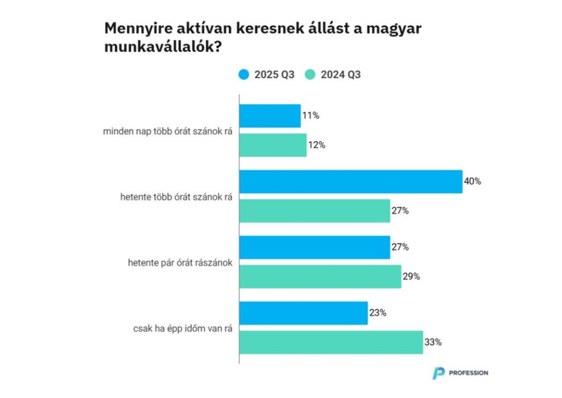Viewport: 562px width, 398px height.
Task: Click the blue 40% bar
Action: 351,181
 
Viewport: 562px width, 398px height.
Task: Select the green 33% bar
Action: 331,342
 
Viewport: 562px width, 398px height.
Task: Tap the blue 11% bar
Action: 270,116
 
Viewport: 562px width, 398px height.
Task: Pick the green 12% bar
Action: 273,145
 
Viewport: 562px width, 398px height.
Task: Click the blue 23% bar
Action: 303,312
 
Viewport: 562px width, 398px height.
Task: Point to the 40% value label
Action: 472,181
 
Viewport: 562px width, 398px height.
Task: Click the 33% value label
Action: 433,342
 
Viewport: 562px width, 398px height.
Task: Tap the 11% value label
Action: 310,116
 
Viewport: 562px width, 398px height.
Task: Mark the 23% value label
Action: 377,312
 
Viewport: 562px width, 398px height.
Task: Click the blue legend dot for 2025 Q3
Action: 244,75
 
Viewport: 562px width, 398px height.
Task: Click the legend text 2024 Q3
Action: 340,75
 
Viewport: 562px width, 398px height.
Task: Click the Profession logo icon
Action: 438,373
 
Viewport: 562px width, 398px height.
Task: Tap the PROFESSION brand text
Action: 469,373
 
